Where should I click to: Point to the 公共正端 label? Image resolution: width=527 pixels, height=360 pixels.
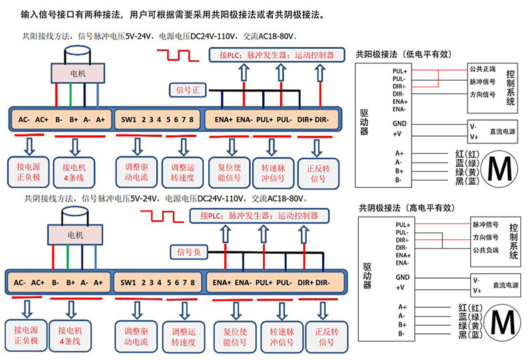482,69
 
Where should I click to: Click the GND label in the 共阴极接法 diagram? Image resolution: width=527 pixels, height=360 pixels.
402,277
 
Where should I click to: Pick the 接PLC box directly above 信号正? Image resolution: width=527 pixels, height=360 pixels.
277,55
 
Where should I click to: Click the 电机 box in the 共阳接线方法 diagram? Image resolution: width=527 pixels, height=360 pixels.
77,71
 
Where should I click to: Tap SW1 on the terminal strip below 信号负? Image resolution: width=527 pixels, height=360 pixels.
129,282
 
